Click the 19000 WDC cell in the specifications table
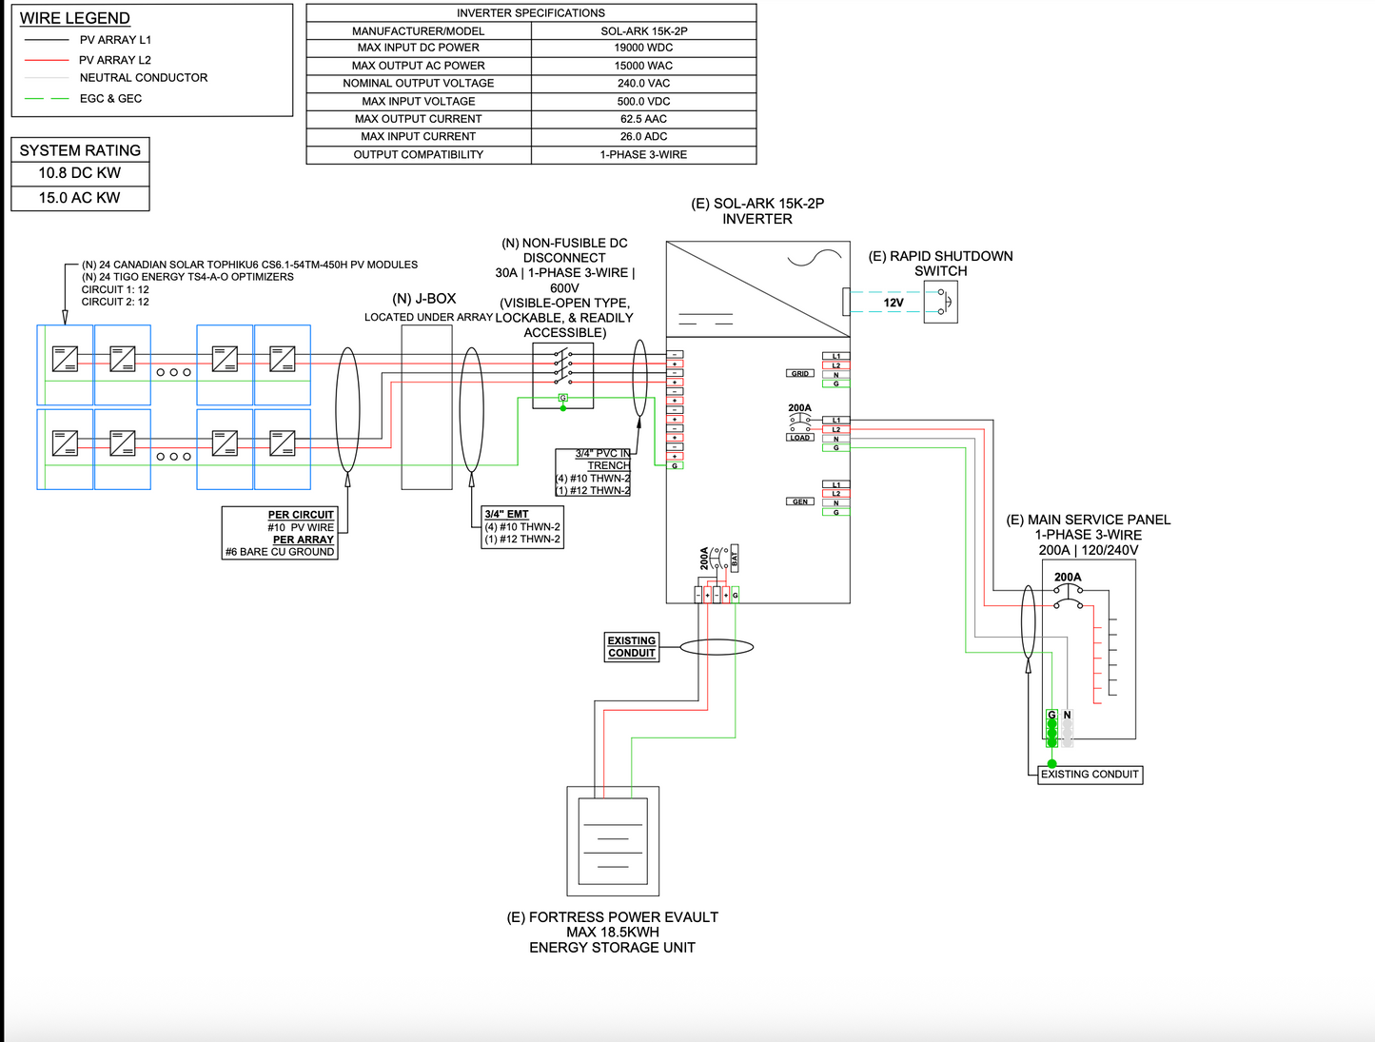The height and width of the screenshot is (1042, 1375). point(643,48)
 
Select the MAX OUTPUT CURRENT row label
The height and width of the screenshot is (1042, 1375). point(418,119)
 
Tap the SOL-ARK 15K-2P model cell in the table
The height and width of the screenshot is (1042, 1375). point(643,30)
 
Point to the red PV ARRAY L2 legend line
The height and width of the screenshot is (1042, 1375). point(46,60)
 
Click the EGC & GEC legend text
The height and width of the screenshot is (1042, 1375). point(110,99)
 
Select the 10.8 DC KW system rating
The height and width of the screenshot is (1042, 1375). point(80,173)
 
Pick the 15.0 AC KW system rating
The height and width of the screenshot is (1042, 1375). point(80,198)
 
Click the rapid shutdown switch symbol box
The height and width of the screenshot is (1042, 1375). point(940,304)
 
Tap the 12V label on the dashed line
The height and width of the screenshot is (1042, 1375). point(894,303)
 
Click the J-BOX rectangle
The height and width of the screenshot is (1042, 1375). point(426,407)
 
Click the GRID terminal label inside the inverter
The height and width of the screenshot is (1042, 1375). point(800,373)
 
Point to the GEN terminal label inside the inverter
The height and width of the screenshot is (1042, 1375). point(800,501)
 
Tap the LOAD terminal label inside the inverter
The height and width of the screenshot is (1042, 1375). point(800,438)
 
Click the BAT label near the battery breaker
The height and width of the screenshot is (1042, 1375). point(735,559)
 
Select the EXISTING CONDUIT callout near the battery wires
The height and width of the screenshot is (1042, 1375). point(632,647)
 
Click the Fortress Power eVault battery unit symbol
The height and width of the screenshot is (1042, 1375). point(613,841)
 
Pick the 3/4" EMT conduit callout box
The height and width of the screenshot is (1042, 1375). point(522,527)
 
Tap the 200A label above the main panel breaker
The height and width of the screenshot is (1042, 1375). point(1068,577)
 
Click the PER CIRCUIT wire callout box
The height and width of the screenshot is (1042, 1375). point(280,533)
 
